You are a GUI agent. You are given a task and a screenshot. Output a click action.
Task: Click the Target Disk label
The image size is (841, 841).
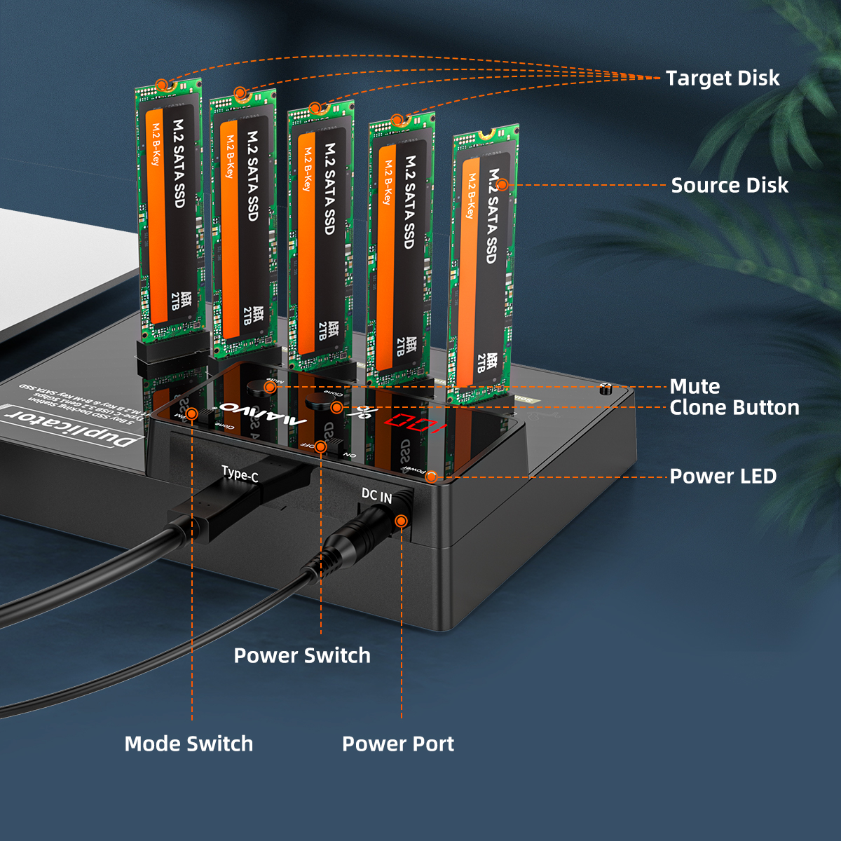[x=722, y=78]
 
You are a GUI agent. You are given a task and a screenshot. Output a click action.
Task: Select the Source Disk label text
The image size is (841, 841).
[x=729, y=185]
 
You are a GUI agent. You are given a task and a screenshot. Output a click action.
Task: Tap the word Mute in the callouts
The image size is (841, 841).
[x=695, y=386]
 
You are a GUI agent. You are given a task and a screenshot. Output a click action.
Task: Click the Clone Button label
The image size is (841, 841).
[x=734, y=407]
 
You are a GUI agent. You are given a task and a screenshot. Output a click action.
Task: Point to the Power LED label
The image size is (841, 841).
[x=723, y=476]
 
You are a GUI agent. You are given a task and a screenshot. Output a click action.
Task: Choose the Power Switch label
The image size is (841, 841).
[x=301, y=655]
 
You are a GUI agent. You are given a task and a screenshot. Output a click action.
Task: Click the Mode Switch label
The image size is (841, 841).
[x=189, y=744]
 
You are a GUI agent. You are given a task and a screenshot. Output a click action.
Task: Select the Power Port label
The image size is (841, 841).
[x=397, y=744]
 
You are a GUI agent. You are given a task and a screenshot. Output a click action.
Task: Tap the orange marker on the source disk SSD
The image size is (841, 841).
[x=502, y=185]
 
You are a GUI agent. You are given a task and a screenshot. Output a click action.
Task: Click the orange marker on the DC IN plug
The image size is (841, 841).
[x=401, y=521]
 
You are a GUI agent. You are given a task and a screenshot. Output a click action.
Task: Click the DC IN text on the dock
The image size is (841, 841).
[x=376, y=495]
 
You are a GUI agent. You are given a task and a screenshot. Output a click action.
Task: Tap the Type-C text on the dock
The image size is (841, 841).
[x=240, y=474]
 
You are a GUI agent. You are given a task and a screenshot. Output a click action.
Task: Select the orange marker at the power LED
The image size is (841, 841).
[x=432, y=477]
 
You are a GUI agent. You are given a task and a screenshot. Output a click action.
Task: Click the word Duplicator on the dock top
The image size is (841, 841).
[x=70, y=428]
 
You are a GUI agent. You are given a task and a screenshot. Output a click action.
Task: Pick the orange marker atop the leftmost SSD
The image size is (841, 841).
[x=162, y=86]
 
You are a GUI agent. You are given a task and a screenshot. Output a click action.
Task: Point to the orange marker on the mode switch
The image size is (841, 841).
[x=192, y=413]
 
